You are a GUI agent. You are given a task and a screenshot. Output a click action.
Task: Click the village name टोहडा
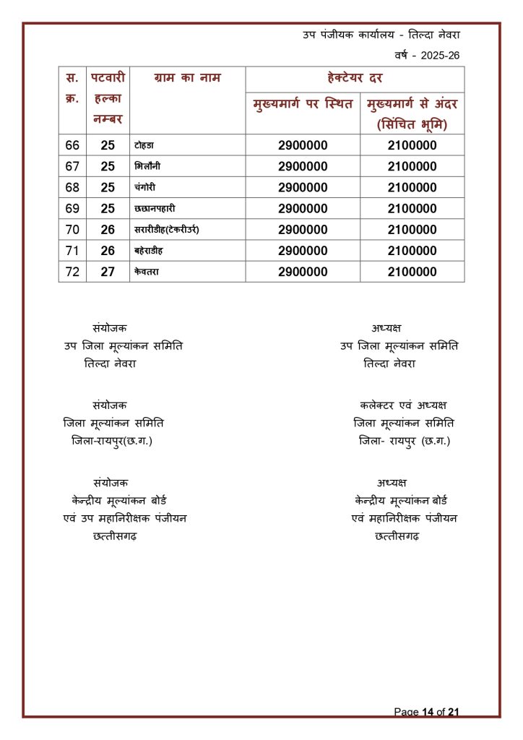[x=144, y=146]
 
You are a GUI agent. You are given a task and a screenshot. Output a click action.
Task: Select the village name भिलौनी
[x=147, y=167]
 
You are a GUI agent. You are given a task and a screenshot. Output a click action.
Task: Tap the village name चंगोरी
[x=145, y=188]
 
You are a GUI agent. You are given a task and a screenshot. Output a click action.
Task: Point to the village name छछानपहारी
[x=155, y=209]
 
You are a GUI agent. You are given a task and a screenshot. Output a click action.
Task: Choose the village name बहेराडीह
[x=152, y=251]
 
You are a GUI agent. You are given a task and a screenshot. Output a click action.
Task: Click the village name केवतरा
[x=147, y=272]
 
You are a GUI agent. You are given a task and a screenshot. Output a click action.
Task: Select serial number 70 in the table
[x=72, y=230]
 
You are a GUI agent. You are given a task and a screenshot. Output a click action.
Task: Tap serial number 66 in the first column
[x=72, y=146]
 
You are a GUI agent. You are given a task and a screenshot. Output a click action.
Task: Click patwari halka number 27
[x=108, y=272]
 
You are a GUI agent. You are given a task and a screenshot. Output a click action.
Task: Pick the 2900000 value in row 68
[x=303, y=188]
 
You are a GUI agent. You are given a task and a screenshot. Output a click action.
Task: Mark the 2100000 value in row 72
[x=412, y=272]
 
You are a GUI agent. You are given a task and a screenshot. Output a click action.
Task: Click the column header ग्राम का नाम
[x=187, y=78]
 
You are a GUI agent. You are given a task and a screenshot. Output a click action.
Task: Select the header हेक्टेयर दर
[x=355, y=78]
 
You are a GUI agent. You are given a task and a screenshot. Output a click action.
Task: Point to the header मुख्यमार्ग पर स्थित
[x=303, y=105]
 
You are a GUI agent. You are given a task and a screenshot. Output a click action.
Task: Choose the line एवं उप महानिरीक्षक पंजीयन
[x=125, y=518]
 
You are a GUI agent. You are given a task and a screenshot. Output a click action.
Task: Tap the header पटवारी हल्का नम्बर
[x=108, y=98]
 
